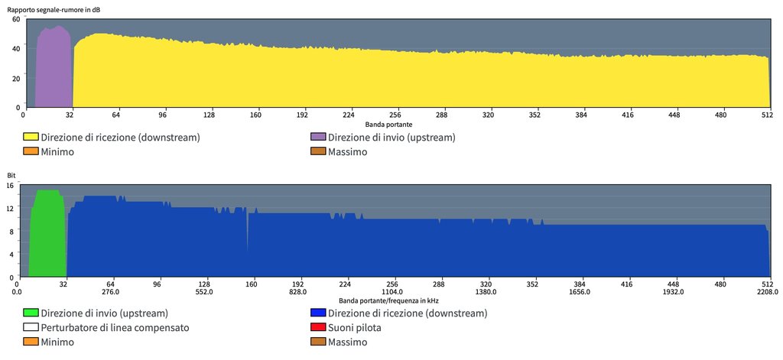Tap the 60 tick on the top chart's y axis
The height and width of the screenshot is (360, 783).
click(16, 19)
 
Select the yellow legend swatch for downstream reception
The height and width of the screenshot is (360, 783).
click(31, 138)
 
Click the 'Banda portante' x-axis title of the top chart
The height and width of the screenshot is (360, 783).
click(388, 124)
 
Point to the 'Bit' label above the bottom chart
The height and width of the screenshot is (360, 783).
click(11, 176)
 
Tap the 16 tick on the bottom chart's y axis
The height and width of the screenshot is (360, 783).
click(11, 186)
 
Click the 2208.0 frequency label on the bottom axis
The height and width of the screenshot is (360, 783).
click(768, 292)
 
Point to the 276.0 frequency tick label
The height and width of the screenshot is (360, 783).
click(112, 292)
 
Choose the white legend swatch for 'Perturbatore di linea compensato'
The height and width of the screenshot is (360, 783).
click(31, 328)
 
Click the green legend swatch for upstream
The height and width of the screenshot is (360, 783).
click(31, 313)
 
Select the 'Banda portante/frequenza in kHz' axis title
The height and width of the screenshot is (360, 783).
click(388, 301)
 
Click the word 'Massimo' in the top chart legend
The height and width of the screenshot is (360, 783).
click(347, 152)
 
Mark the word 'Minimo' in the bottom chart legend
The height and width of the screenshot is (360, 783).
click(57, 342)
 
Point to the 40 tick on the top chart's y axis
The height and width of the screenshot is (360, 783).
click(16, 49)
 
